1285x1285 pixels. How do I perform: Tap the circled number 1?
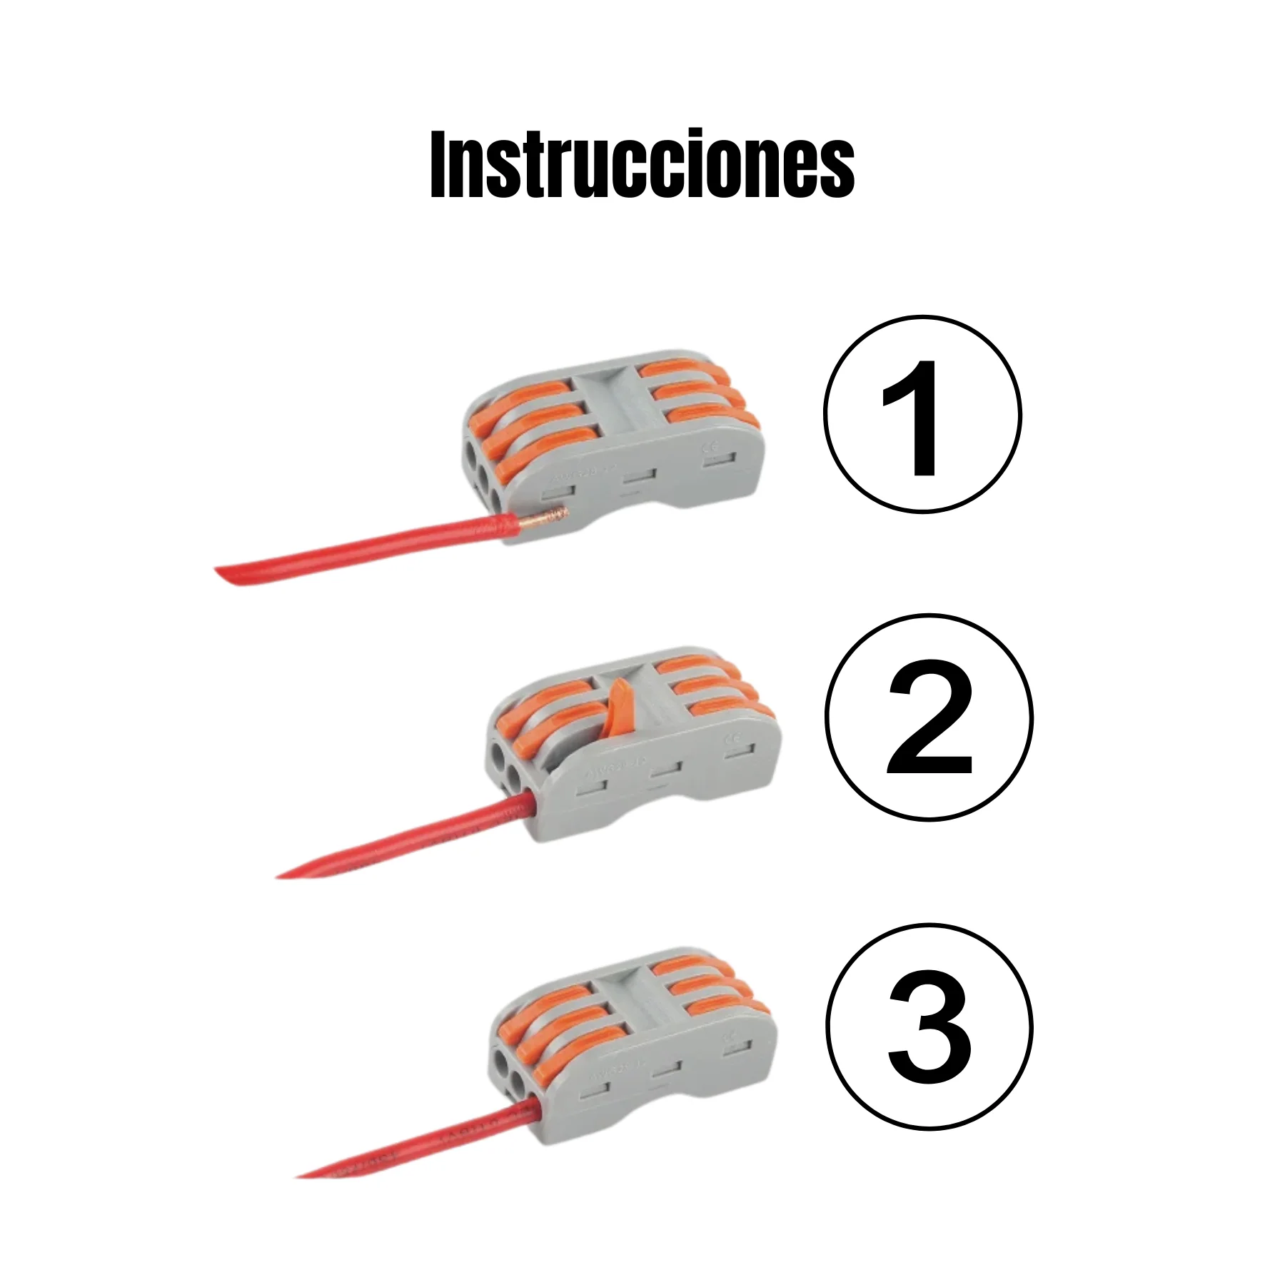pos(922,414)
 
